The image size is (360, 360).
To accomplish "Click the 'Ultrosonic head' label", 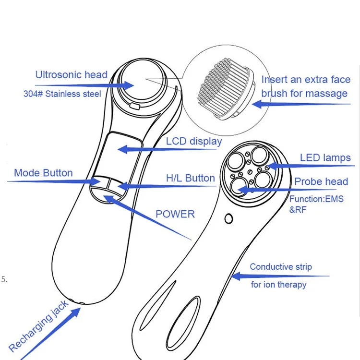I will tap(72, 75).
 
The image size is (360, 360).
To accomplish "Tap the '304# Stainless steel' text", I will tap(62, 94).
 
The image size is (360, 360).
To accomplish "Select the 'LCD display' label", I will tap(194, 141).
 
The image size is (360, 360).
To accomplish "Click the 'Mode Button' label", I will tap(43, 173).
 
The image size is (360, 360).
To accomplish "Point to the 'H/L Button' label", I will tap(191, 178).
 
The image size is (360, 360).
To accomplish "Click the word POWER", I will tap(175, 214).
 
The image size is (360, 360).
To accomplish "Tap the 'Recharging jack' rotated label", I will tap(38, 324).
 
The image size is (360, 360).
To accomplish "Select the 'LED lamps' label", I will tap(325, 157).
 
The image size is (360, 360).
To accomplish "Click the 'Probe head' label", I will tap(321, 181).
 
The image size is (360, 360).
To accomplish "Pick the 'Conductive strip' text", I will tap(281, 267).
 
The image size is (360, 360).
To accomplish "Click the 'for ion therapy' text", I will tap(278, 285).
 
